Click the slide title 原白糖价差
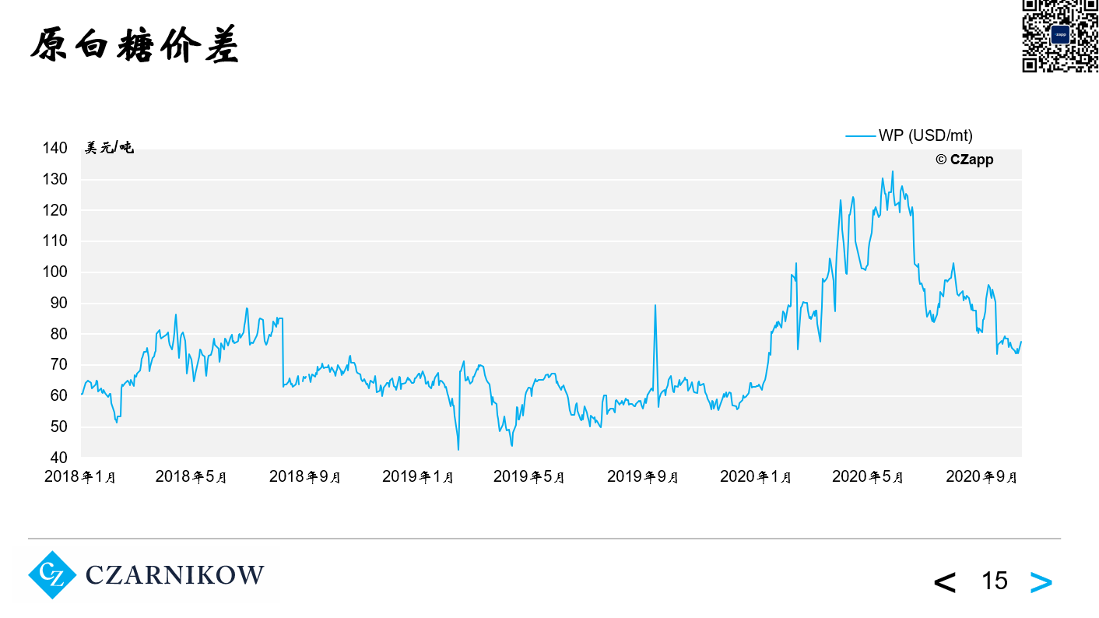point(134,46)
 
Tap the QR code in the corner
point(1059,36)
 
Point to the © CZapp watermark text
point(964,160)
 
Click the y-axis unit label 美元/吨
point(109,148)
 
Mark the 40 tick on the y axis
point(59,458)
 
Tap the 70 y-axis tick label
point(59,365)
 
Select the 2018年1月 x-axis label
point(80,477)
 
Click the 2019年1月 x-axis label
point(418,477)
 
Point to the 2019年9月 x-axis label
point(643,477)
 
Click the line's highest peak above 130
point(892,171)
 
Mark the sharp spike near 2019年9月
point(655,305)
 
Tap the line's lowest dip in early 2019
point(458,449)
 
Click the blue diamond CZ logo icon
point(52,575)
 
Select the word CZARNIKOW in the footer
point(174,576)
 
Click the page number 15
point(995,581)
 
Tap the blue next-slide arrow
point(1041,581)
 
